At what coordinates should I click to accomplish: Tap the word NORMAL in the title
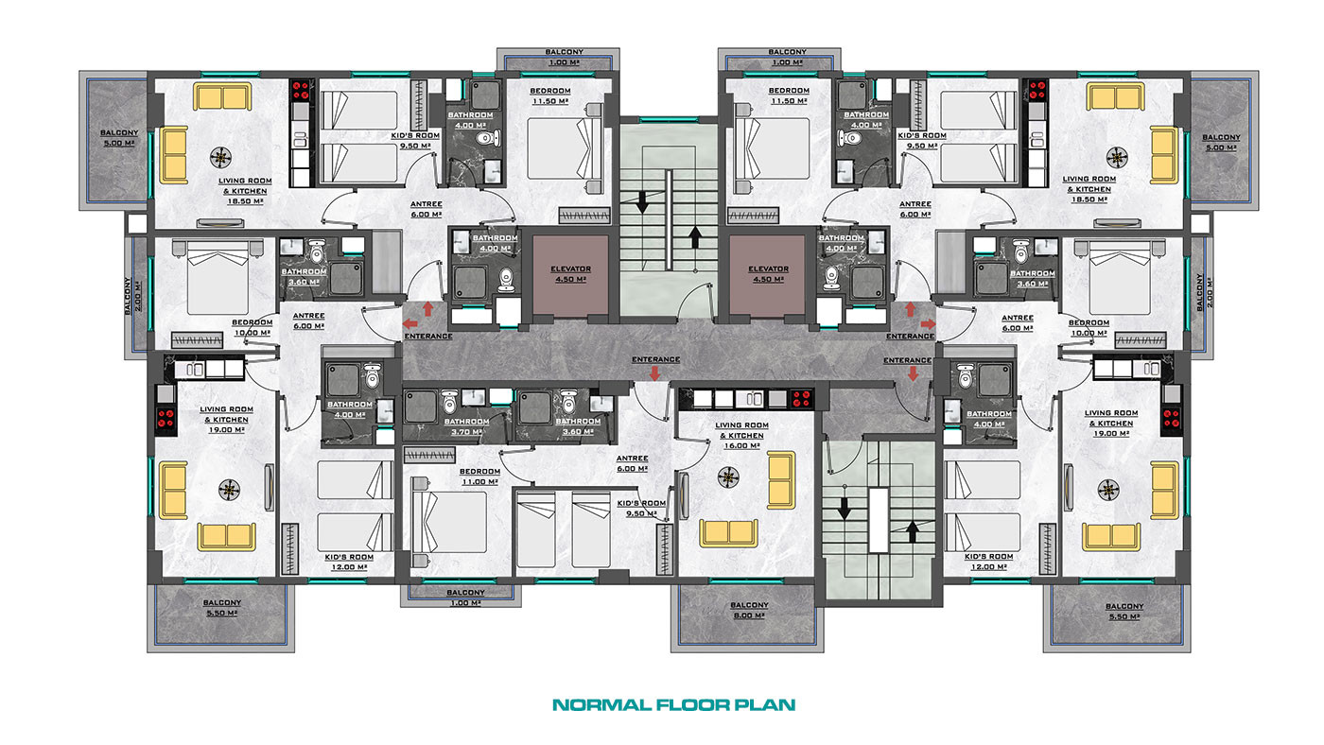(602, 705)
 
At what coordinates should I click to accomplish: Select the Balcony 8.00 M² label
(749, 611)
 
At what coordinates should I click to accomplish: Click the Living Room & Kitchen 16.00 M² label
(741, 436)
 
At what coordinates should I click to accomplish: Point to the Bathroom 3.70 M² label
(466, 426)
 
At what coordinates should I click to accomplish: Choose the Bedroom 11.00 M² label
(479, 476)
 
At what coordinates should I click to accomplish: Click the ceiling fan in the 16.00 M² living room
(727, 477)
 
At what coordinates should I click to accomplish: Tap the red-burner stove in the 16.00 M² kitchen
(801, 399)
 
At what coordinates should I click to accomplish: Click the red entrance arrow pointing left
(410, 323)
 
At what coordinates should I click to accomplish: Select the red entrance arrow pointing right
(929, 323)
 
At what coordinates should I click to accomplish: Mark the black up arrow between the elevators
(694, 237)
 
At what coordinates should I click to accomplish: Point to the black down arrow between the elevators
(642, 203)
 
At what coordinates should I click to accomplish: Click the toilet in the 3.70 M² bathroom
(449, 403)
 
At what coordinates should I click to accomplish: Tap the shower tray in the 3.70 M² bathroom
(421, 407)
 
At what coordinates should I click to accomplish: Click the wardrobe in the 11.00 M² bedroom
(429, 455)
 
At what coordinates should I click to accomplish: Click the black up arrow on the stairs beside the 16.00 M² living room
(912, 531)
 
